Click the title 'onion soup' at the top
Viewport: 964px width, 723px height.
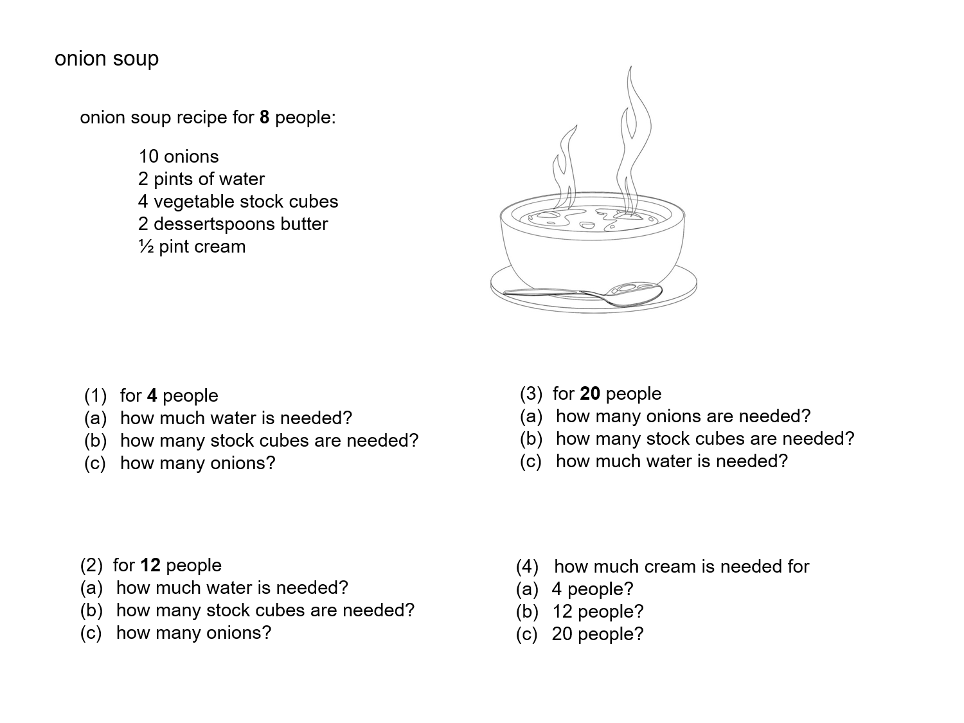tap(107, 59)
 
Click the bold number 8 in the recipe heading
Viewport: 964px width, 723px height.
tap(264, 118)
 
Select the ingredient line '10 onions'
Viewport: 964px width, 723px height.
tap(179, 157)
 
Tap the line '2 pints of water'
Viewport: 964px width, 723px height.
tap(201, 179)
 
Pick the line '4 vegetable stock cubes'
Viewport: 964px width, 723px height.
tap(238, 202)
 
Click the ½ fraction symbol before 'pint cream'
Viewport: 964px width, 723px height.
tap(146, 247)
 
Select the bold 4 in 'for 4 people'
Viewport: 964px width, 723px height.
tap(152, 396)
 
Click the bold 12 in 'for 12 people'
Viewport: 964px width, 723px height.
tap(150, 566)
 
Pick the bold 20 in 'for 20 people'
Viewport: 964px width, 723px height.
tap(590, 394)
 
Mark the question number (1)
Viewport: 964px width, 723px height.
tap(95, 396)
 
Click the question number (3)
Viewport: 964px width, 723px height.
tap(531, 394)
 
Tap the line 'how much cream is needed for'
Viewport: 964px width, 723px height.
tap(681, 567)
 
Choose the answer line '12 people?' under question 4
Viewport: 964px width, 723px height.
tap(598, 612)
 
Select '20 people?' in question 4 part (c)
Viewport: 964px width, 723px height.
tap(598, 634)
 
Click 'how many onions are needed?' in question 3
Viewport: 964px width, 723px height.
tap(683, 416)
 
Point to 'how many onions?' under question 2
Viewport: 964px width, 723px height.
tap(194, 633)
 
